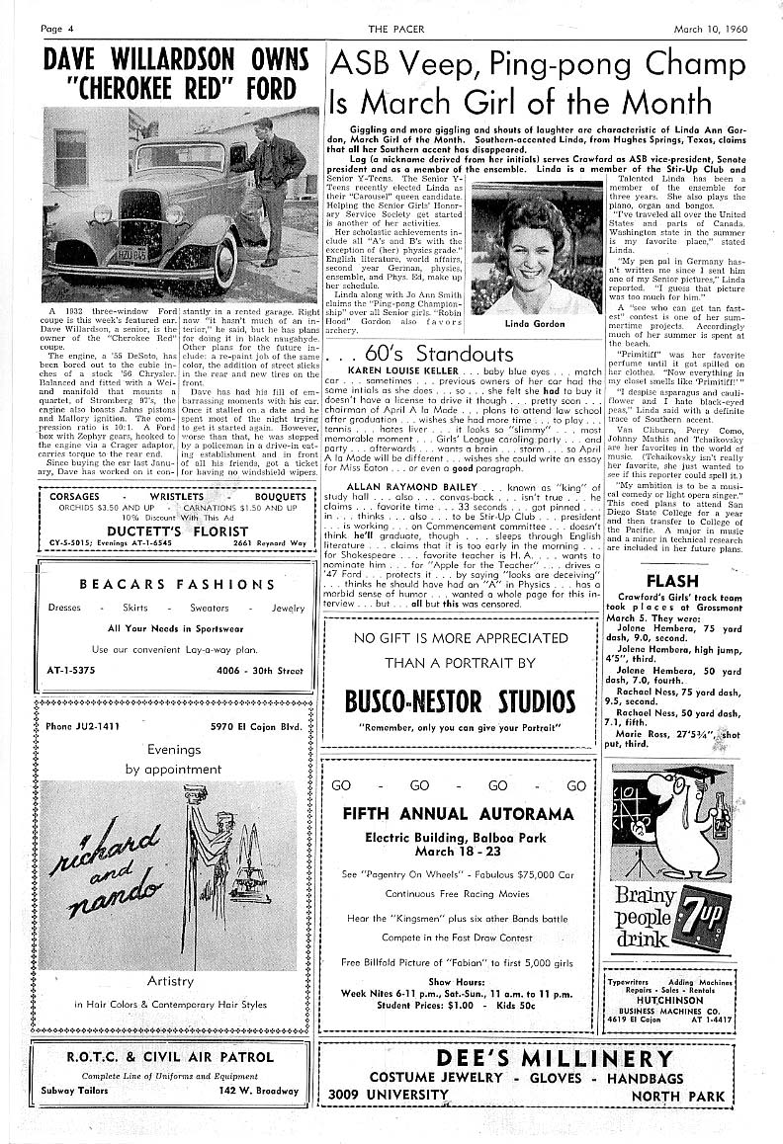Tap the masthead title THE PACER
[391, 29]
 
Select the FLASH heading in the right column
[671, 580]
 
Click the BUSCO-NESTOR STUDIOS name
[459, 702]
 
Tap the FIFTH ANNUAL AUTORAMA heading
[458, 814]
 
